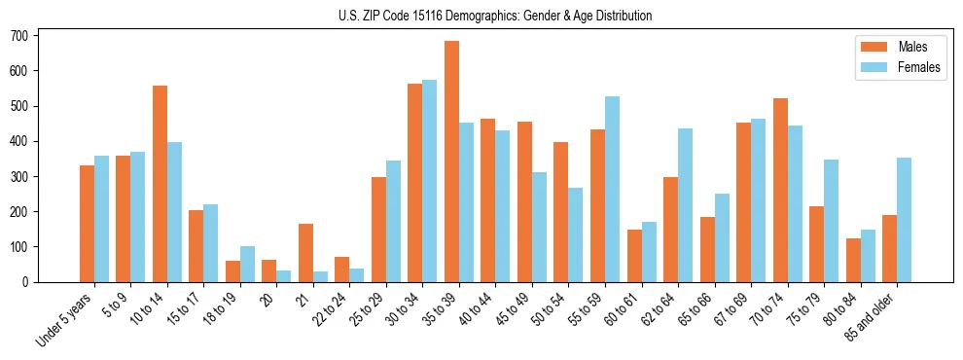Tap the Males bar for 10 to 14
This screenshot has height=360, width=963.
tap(160, 184)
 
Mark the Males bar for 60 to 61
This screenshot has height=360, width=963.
tap(634, 256)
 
